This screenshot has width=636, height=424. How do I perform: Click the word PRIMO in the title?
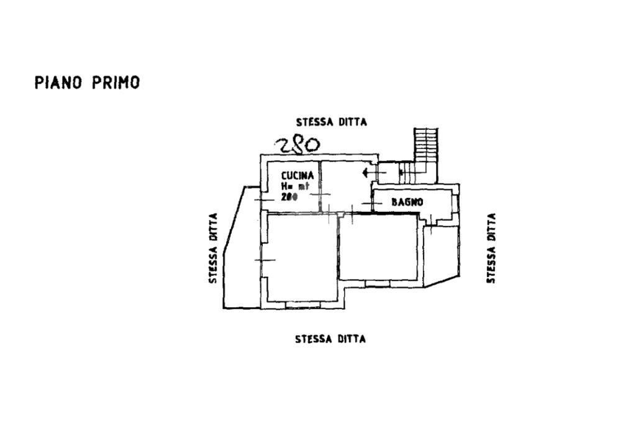[116, 83]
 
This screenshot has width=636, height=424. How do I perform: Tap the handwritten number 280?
[298, 145]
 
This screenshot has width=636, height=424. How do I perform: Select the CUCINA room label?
[298, 176]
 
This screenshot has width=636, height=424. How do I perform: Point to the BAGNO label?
[407, 202]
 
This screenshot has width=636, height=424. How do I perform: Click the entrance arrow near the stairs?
[370, 172]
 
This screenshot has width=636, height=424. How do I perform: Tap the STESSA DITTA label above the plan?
[331, 122]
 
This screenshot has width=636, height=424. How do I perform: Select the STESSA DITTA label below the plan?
[330, 339]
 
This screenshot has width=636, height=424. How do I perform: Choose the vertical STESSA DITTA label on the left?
[213, 248]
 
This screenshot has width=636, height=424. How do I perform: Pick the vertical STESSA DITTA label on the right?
[491, 248]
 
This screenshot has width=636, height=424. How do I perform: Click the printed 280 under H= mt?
[289, 197]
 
